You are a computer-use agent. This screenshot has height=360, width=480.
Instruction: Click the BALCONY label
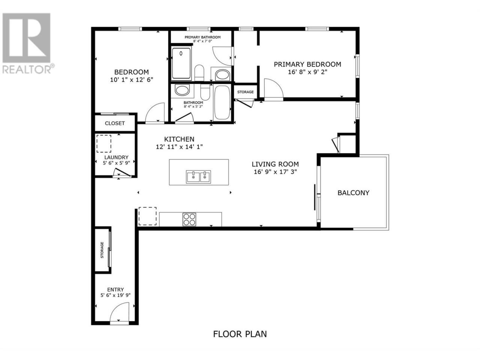353,193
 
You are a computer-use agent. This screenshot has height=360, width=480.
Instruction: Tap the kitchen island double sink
198,177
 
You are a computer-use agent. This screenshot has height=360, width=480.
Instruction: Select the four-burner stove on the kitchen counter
189,219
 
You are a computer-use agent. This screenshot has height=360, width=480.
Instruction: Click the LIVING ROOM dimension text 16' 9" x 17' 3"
275,172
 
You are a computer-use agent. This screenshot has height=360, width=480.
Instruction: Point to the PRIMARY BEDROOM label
307,64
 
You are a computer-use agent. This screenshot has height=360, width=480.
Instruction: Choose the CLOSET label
115,123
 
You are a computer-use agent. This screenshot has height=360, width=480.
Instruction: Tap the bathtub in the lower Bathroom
222,102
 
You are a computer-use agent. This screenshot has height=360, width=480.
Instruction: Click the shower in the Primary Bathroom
181,63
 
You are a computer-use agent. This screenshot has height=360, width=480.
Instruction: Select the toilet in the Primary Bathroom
199,73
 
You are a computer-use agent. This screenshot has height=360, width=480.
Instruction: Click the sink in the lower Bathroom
182,90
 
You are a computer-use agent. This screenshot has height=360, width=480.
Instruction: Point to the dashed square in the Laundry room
104,144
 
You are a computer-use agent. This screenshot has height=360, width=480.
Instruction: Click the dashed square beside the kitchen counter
147,216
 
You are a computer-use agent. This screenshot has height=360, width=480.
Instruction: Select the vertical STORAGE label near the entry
102,250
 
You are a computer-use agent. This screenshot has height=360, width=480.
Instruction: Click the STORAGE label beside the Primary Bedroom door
245,92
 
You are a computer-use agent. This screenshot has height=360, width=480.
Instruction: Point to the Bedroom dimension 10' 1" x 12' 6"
131,80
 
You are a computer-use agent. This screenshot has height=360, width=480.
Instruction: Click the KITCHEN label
179,139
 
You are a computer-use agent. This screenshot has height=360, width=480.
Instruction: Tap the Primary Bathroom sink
222,75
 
